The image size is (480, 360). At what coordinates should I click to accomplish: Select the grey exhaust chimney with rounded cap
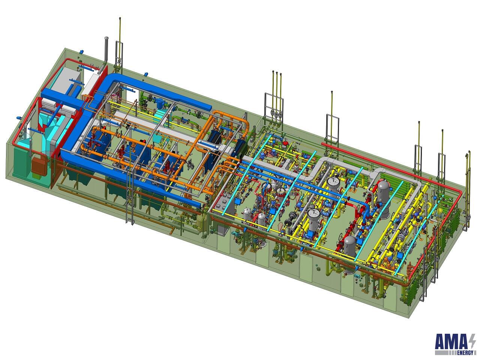(x=106, y=52)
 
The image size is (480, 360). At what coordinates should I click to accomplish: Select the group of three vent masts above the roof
(x=276, y=90)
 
